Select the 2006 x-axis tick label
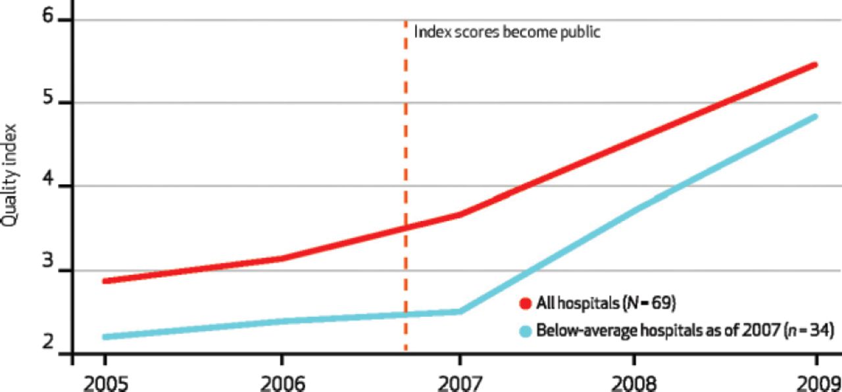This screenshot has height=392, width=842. (x=282, y=381)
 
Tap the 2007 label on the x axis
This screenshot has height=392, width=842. (x=460, y=381)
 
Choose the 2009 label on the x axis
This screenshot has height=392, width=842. (x=820, y=381)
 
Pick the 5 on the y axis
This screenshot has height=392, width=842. (x=47, y=103)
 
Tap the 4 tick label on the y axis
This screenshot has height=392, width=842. (x=47, y=186)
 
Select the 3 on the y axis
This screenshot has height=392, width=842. (x=47, y=270)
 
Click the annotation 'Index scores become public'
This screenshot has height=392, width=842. (x=507, y=32)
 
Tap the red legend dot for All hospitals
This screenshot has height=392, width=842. (x=525, y=303)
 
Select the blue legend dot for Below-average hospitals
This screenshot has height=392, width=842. (x=525, y=331)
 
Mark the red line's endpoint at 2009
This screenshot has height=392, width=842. (x=816, y=65)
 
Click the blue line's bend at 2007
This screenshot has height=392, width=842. (x=460, y=311)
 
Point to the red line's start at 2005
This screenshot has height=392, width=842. (x=105, y=281)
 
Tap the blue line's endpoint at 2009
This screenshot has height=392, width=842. (x=816, y=116)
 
